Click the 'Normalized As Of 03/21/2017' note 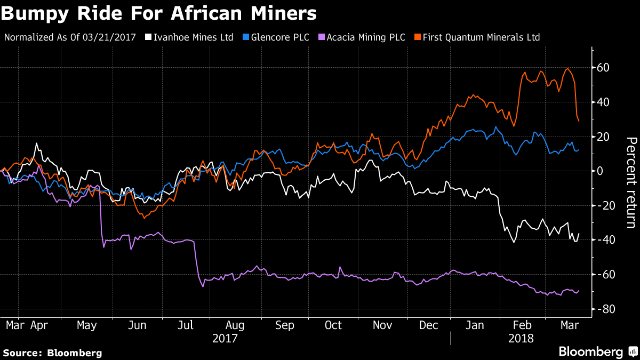pyautogui.click(x=70, y=37)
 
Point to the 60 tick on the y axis pyautogui.click(x=603, y=68)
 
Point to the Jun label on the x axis pyautogui.click(x=138, y=324)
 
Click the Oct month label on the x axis pyautogui.click(x=333, y=324)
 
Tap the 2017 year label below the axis pyautogui.click(x=224, y=338)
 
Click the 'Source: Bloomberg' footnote pyautogui.click(x=52, y=353)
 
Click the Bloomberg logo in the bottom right pyautogui.click(x=597, y=351)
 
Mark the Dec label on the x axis pyautogui.click(x=429, y=324)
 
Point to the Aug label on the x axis pyautogui.click(x=235, y=324)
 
